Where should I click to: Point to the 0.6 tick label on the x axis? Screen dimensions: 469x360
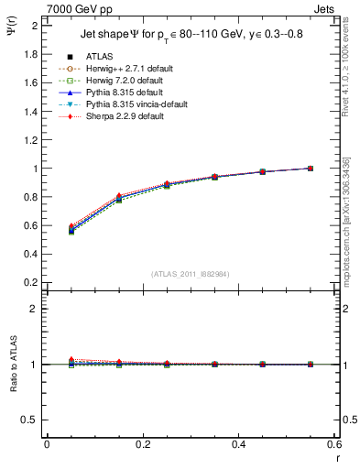tap(334, 443)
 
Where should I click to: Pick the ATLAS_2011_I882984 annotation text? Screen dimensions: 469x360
tap(190, 273)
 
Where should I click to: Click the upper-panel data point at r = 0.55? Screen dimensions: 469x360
tap(311, 169)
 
